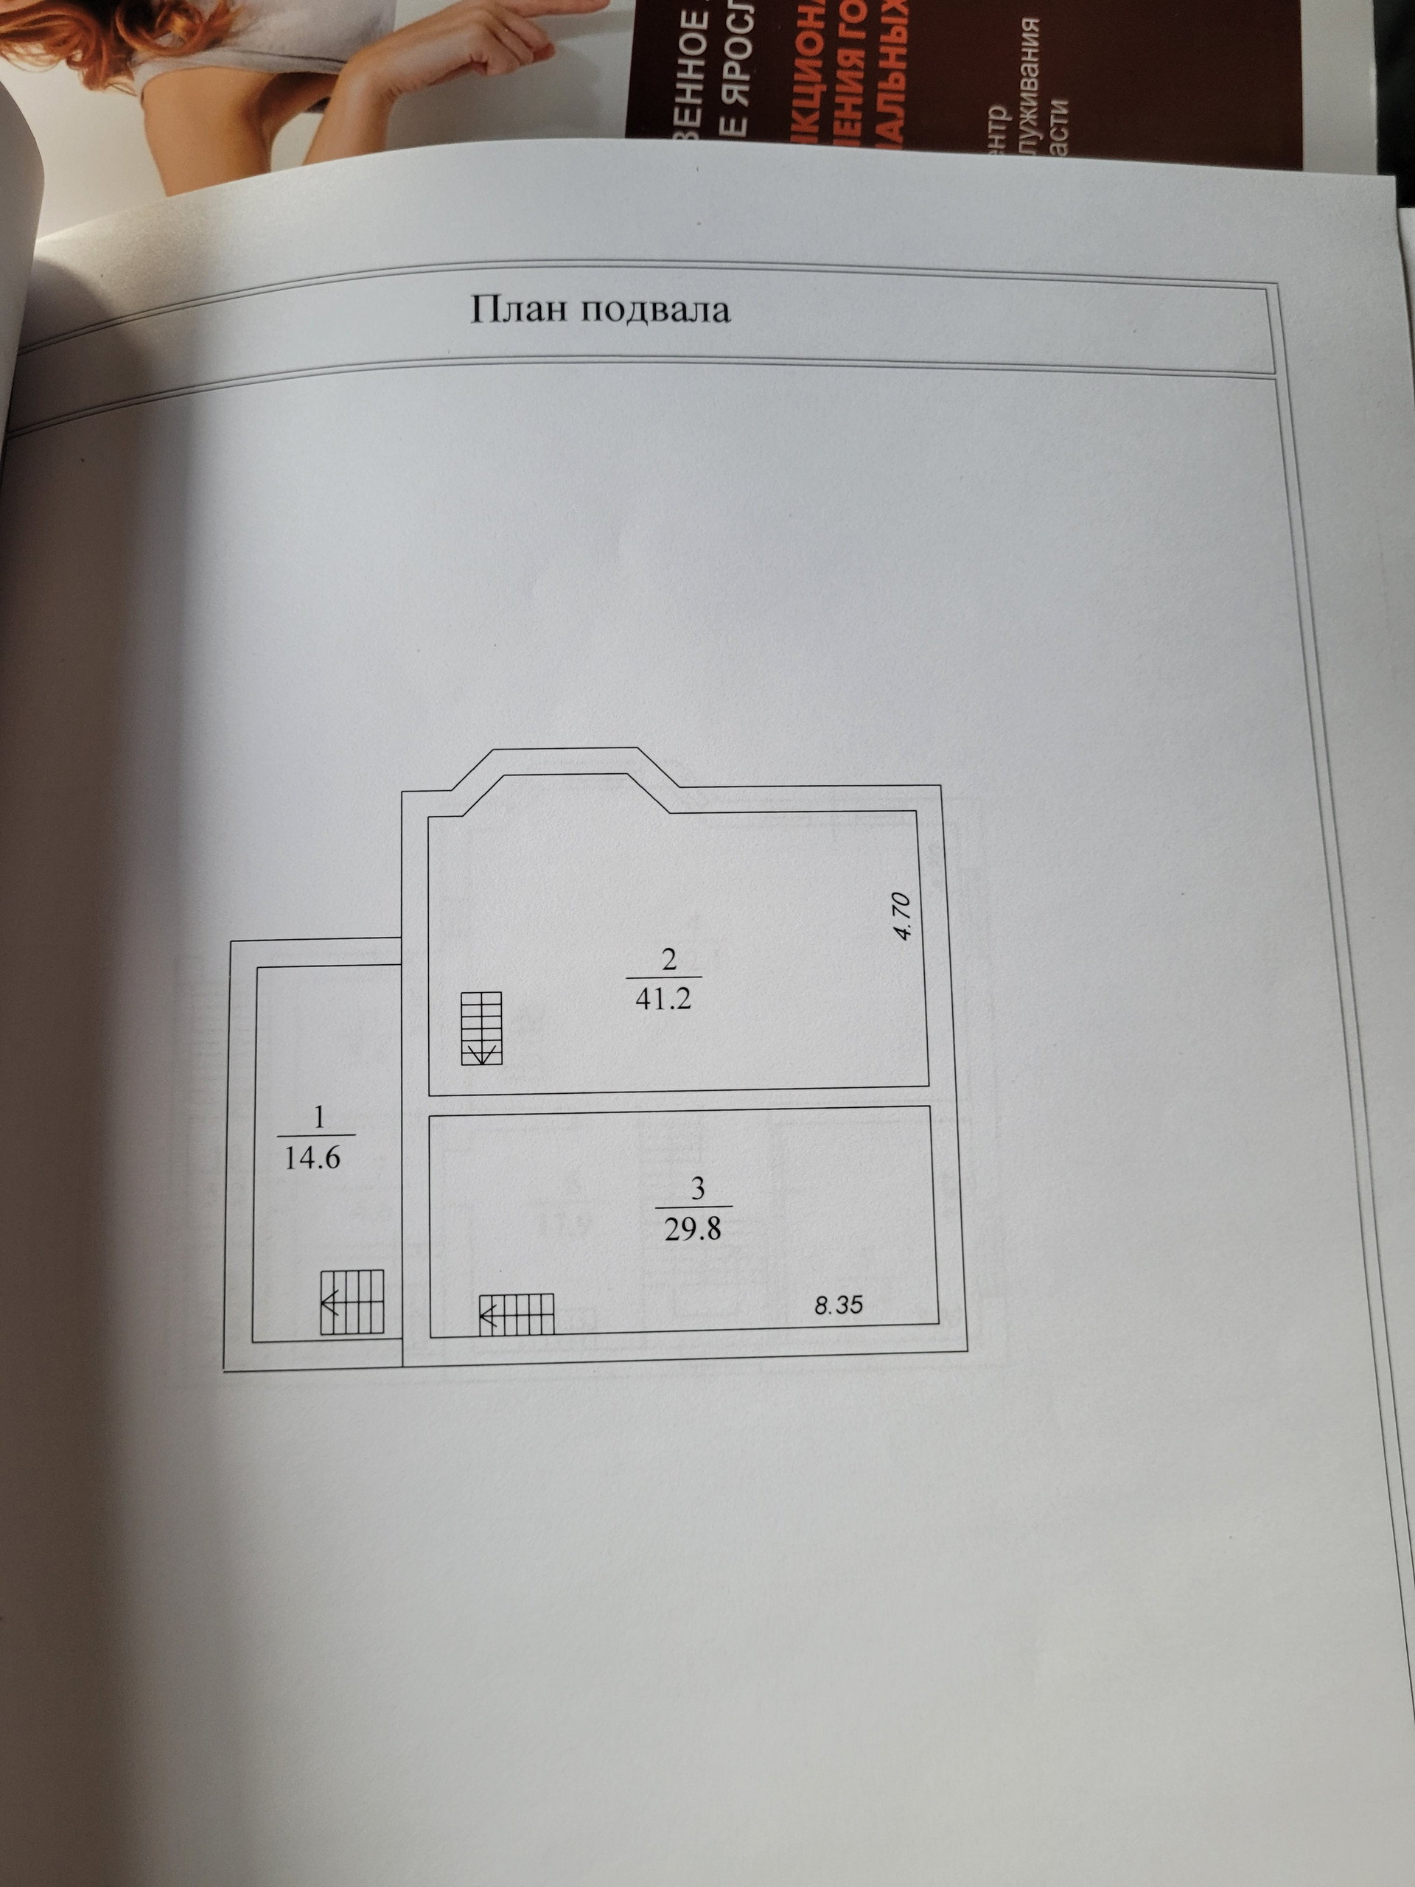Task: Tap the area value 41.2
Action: (663, 999)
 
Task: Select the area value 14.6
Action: (312, 1157)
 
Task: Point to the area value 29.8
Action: (692, 1229)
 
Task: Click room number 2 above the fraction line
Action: (668, 960)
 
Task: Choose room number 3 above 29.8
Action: (698, 1189)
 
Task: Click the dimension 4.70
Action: (904, 915)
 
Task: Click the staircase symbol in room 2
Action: (482, 1028)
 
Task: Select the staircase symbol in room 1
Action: (352, 1302)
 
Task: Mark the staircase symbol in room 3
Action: (517, 1314)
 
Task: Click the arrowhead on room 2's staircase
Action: (482, 1056)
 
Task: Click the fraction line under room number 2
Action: (663, 977)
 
